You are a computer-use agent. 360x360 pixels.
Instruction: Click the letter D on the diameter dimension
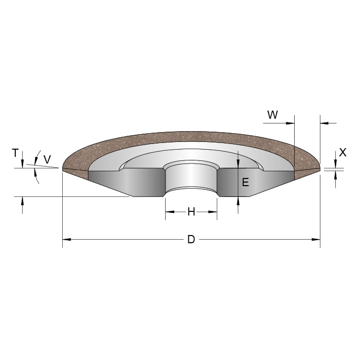click(191, 240)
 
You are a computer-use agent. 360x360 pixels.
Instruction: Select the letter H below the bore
click(191, 211)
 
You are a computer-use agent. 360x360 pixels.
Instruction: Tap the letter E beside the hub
click(245, 182)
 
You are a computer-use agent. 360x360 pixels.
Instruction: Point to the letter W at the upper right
click(273, 115)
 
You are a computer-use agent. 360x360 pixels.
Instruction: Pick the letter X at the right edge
click(343, 153)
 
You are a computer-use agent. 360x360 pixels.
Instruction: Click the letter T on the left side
click(15, 153)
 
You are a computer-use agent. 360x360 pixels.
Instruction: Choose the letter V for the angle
click(47, 160)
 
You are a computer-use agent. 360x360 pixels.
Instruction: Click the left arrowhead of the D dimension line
click(66, 240)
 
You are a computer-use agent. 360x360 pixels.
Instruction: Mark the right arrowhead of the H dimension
click(213, 211)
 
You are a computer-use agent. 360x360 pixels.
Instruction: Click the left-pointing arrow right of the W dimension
click(324, 123)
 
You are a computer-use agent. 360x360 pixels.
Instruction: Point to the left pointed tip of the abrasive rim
click(63, 169)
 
